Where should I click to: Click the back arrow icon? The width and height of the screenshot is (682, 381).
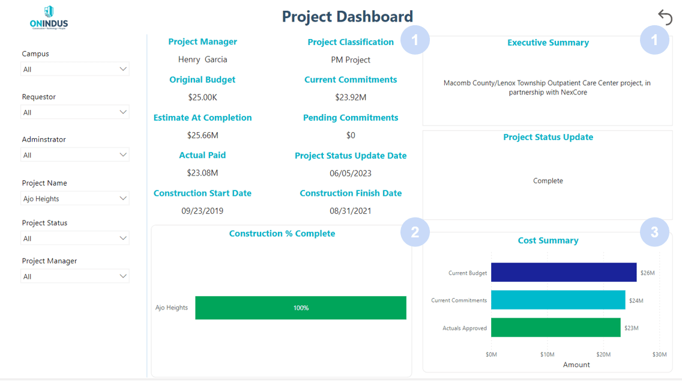665,17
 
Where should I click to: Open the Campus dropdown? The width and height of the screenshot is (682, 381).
75,69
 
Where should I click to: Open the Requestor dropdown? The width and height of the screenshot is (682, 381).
75,112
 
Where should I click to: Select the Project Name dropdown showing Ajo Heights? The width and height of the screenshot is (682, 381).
75,198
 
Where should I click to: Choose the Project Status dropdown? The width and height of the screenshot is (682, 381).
75,239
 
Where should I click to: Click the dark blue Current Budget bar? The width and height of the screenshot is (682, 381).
563,272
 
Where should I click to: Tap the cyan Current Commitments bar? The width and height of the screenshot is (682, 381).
558,300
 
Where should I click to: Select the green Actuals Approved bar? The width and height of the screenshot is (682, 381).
555,328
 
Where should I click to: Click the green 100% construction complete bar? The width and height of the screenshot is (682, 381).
300,308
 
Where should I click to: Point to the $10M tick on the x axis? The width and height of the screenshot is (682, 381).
547,355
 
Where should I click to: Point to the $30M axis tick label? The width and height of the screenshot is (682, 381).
659,355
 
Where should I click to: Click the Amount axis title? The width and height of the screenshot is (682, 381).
576,365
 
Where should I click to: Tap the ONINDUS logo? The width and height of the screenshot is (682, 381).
49,18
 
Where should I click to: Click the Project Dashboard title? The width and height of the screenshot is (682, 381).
348,16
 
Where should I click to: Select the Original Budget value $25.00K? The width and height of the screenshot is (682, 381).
202,97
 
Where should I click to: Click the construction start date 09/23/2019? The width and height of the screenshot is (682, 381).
202,211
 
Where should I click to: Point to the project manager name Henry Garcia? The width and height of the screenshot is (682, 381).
202,59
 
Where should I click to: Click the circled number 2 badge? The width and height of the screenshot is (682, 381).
415,232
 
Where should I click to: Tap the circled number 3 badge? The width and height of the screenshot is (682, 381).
654,232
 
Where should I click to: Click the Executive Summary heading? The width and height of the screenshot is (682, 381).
548,43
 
